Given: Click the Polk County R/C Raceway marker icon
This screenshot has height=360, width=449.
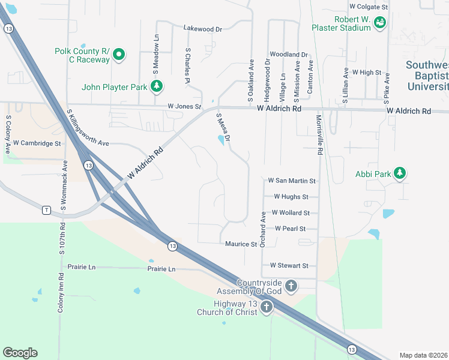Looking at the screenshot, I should point(119,55).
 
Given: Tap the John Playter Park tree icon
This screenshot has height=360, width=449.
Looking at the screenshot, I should point(157,87).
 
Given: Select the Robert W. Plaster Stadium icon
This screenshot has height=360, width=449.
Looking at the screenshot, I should point(379,23).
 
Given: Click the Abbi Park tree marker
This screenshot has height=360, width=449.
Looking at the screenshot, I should point(399,174).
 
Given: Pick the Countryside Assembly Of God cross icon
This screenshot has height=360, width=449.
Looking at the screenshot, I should point(291,286).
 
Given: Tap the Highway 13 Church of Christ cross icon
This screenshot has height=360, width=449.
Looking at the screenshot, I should point(266,307).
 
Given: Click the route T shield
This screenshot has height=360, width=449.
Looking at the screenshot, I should point(46,209).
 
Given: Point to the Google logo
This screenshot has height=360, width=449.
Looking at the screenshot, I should point(20,352).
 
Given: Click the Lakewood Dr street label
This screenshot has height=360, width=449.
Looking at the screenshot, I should point(203,28).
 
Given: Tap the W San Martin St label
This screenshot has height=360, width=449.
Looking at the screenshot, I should point(292,180).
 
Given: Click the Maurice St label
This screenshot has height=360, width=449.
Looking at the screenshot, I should point(241,244).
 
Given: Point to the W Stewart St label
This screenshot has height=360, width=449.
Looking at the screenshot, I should point(289,265).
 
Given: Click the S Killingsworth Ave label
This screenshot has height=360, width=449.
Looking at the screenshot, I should point(88,128).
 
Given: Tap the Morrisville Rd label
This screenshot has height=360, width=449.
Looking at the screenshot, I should point(320,136).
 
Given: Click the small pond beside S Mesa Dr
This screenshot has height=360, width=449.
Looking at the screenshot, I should point(221,140).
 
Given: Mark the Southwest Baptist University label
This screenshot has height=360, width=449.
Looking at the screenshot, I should point(427,76).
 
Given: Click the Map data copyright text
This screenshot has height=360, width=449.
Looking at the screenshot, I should point(423,355).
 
